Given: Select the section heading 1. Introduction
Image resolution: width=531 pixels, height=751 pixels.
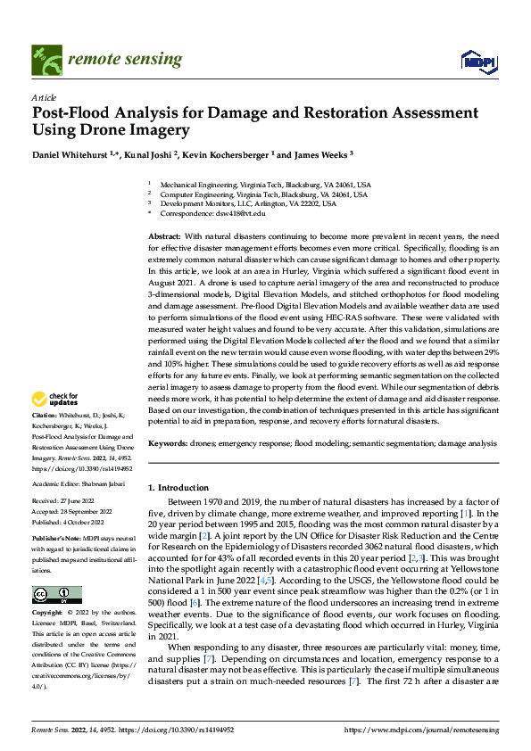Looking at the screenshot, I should pyautogui.click(x=178, y=487).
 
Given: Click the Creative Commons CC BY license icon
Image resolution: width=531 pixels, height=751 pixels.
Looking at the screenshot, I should pyautogui.click(x=56, y=595).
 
